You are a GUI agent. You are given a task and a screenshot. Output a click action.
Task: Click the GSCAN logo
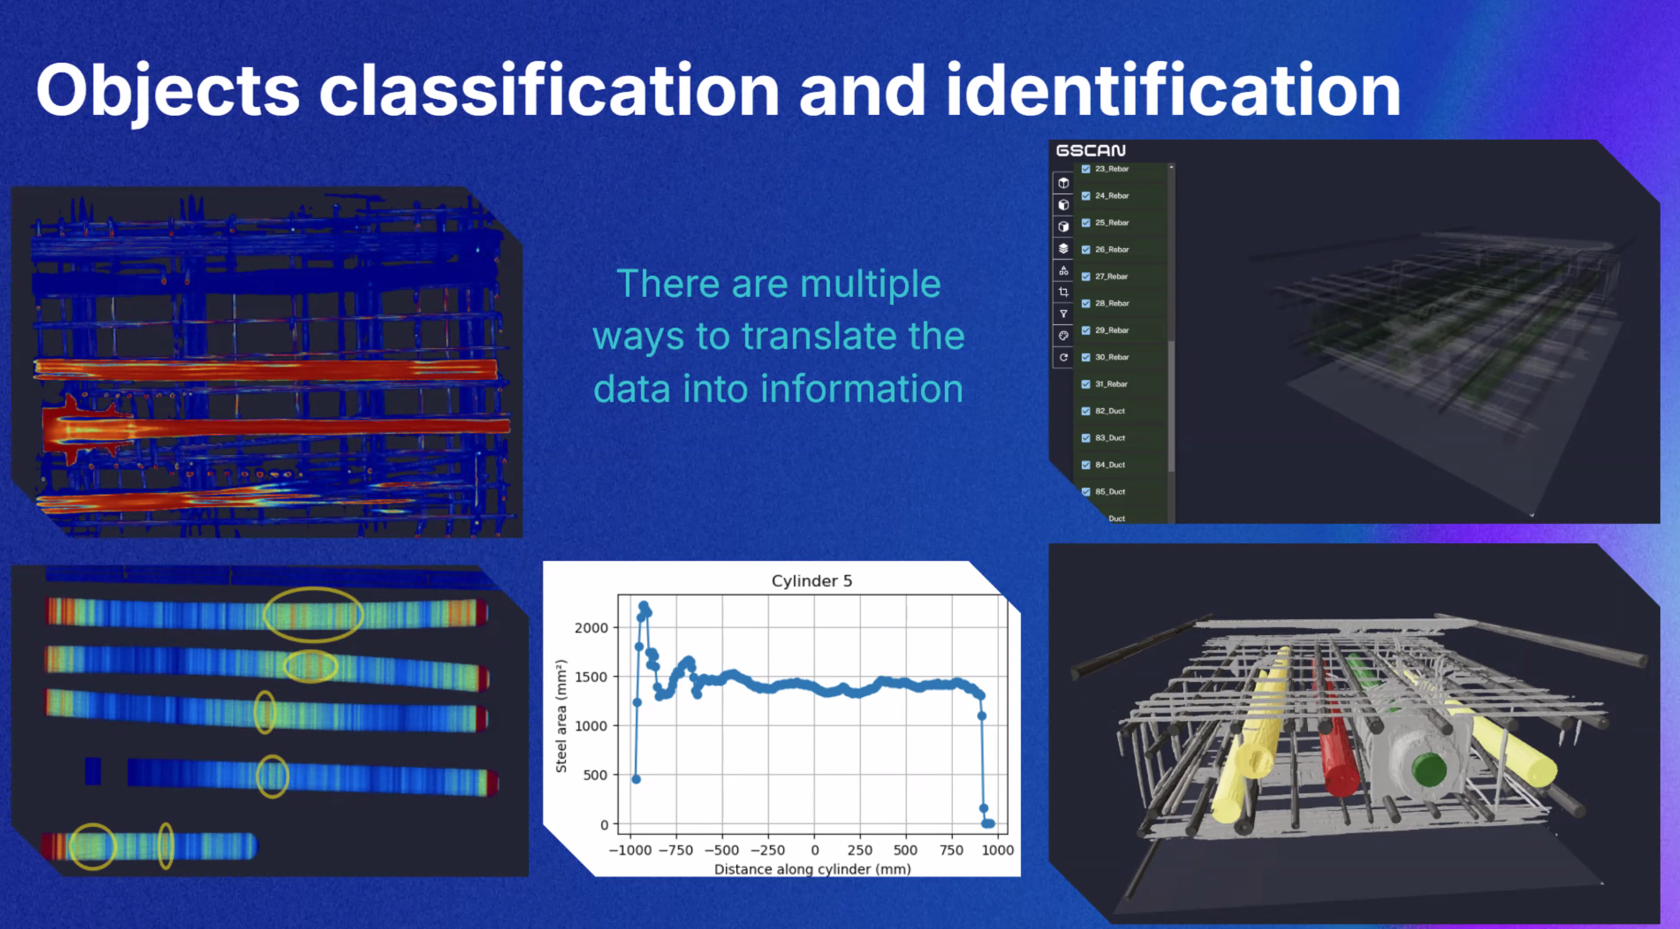pyautogui.click(x=1091, y=151)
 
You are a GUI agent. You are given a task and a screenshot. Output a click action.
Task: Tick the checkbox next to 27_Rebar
pyautogui.click(x=1086, y=276)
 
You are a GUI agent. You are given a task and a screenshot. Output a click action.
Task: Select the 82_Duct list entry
pyautogui.click(x=1110, y=411)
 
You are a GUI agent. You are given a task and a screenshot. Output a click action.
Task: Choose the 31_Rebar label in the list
pyautogui.click(x=1112, y=384)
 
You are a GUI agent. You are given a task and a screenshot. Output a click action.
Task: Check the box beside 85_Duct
pyautogui.click(x=1086, y=492)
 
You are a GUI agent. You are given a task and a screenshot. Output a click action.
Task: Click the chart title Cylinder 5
pyautogui.click(x=811, y=580)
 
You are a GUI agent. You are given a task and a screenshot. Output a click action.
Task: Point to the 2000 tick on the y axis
pyautogui.click(x=591, y=627)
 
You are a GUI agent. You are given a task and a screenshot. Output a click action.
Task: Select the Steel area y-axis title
pyautogui.click(x=561, y=716)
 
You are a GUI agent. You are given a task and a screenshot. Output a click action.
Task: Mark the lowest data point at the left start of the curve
pyautogui.click(x=636, y=779)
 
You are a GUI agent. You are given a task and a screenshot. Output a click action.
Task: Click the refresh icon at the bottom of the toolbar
pyautogui.click(x=1064, y=357)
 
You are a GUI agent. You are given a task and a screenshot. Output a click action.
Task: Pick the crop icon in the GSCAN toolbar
pyautogui.click(x=1064, y=292)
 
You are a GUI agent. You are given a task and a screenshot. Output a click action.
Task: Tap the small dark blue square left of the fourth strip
pyautogui.click(x=93, y=771)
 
